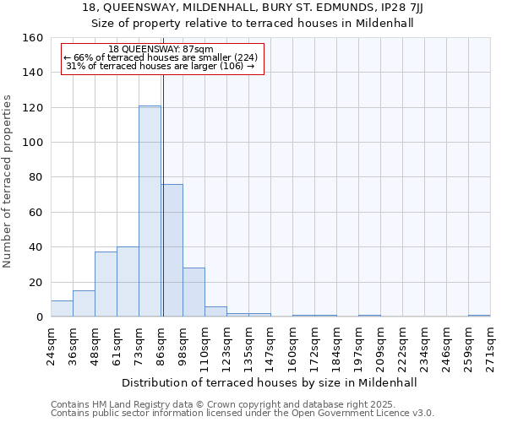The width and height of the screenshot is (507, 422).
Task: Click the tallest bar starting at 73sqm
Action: coord(150,211)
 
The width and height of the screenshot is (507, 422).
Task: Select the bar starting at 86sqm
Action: coord(172,251)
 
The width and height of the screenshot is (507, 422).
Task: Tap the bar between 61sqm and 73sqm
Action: coord(128,282)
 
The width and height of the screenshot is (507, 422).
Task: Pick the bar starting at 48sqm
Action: coord(106,284)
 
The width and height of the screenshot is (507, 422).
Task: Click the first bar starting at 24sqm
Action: coord(62,309)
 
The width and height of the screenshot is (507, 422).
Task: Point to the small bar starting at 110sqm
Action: coord(215,311)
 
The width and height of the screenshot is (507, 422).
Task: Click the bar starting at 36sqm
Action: coord(84,304)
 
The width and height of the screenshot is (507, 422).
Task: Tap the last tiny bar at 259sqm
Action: coord(479,316)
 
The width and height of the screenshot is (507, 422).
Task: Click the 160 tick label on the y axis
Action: coord(33,38)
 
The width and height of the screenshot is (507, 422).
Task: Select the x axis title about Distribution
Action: coord(270,382)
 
